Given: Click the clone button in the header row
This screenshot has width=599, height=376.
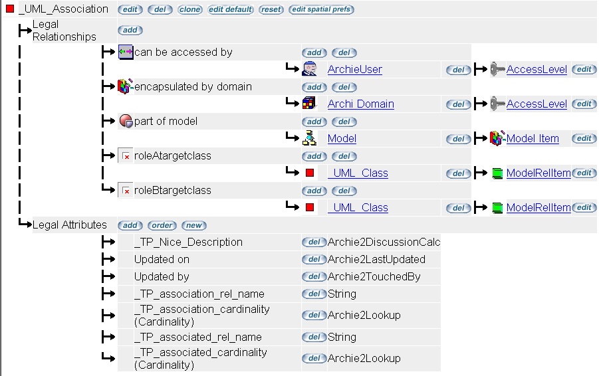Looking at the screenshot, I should tap(190, 10).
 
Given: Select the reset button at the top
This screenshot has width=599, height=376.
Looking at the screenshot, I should tap(271, 10).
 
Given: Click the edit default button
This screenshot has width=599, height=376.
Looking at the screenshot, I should tap(231, 10).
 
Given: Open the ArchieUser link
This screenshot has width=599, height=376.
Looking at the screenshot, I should tap(354, 70).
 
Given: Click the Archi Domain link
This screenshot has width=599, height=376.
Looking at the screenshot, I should tap(360, 104).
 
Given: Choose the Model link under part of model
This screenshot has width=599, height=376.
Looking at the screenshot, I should tap(342, 139).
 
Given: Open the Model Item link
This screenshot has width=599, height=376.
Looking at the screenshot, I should tap(533, 139).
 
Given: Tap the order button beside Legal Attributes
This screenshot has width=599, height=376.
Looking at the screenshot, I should tap(162, 225).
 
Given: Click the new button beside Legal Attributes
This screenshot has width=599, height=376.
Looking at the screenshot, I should tap(194, 225).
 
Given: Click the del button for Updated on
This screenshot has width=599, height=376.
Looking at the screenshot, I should tap(314, 260).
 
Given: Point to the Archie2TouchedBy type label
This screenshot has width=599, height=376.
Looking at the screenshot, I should tap(374, 277).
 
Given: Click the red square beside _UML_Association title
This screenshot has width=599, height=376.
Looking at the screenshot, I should tap(10, 9).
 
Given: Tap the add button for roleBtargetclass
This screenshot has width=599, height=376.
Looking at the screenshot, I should tap(314, 191).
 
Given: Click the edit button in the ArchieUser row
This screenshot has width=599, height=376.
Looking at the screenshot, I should tap(584, 70).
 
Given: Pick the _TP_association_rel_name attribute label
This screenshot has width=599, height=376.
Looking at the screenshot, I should tap(199, 294).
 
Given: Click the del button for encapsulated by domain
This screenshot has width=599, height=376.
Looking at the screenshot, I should tap(344, 87).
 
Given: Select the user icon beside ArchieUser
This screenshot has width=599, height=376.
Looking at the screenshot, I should tap(309, 69).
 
